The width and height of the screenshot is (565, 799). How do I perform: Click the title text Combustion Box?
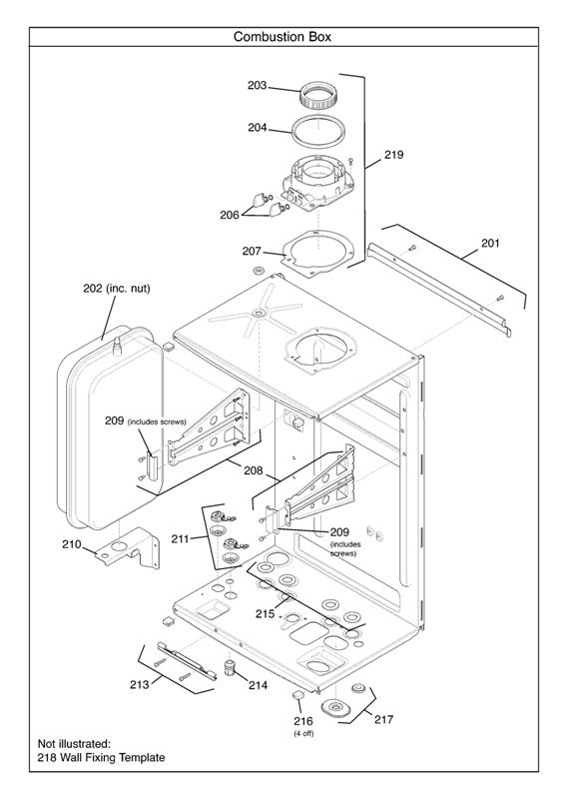coord(282,37)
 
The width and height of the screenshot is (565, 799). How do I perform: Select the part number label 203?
coord(258,86)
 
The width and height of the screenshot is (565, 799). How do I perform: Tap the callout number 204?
coord(258,127)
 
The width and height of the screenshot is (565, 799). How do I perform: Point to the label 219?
coord(393,155)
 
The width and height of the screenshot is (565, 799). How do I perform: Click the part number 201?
coord(490,243)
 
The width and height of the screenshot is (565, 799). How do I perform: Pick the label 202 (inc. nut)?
coord(116,289)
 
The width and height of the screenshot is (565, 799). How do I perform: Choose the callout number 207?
coord(252,251)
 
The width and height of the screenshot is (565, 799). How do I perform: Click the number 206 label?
coord(230,215)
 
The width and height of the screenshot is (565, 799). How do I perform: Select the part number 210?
coord(71,544)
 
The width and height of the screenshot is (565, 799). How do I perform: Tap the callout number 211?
coord(180,539)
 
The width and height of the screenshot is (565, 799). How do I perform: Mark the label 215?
coord(265,613)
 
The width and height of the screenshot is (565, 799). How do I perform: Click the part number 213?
coord(140,684)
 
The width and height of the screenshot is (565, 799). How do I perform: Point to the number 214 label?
coord(258,686)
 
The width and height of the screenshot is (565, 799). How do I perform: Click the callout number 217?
coord(384,719)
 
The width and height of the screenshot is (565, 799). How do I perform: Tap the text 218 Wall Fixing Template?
coord(102,758)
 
